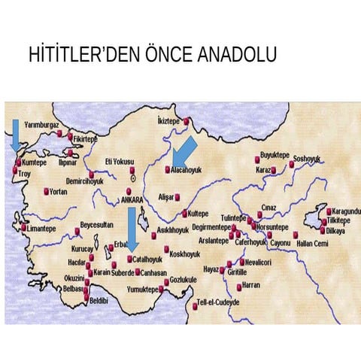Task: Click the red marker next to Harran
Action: tap(238, 287)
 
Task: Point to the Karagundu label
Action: tap(346, 212)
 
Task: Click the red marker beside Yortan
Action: tap(47, 191)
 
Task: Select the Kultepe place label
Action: tap(198, 213)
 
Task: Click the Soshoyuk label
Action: tap(306, 159)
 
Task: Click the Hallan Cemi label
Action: tap(311, 244)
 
